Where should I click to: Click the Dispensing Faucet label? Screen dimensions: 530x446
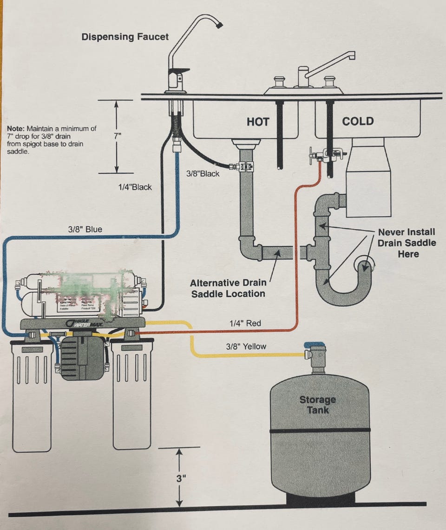(125, 36)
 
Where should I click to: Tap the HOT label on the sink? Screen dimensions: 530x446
(258, 122)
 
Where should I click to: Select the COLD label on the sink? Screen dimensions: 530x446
(358, 121)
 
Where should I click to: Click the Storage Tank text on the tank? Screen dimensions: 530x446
(317, 404)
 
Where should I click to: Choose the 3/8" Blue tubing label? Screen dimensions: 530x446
(85, 229)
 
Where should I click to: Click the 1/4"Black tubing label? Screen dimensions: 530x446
(135, 187)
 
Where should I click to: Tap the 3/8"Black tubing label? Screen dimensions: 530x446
(203, 174)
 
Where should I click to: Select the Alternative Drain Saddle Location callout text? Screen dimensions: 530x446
(228, 288)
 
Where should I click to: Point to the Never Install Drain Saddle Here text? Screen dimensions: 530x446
(407, 243)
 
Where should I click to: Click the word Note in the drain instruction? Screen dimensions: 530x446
(16, 128)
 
